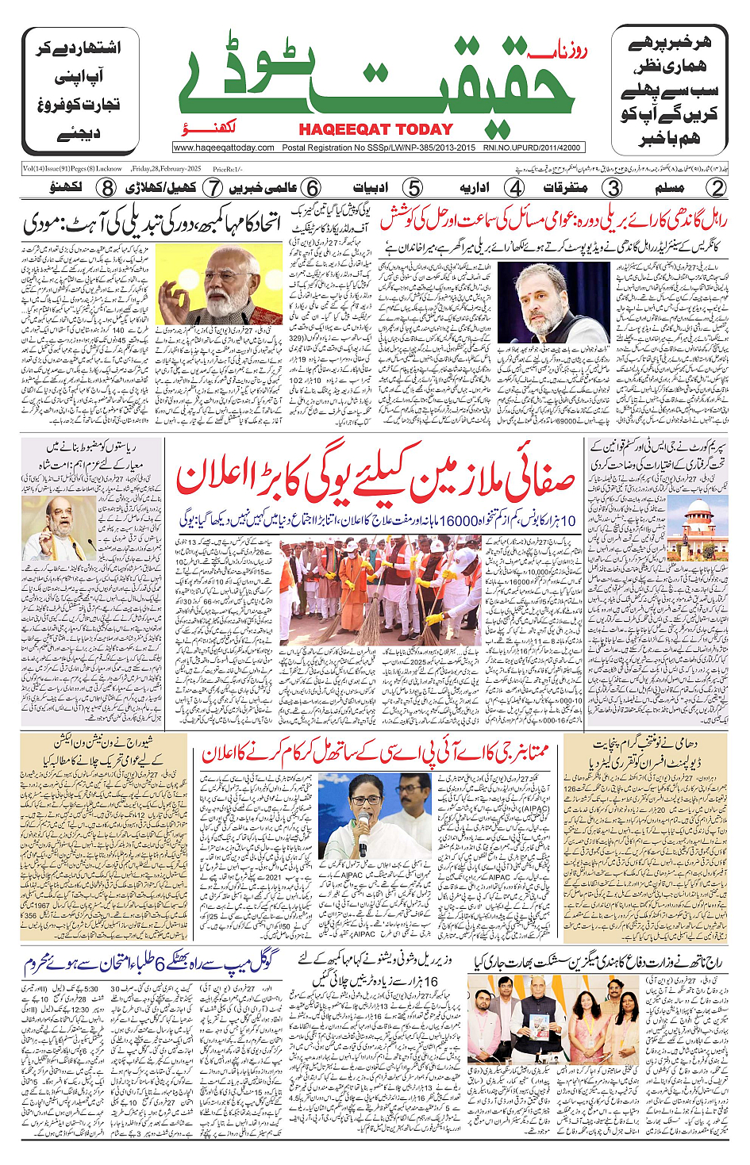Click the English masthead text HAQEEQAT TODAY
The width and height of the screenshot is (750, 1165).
tap(375, 129)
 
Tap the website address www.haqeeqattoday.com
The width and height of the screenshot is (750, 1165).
tap(224, 148)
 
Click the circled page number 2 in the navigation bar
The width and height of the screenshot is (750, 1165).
tap(717, 188)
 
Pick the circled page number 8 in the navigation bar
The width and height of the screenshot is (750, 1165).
tap(107, 188)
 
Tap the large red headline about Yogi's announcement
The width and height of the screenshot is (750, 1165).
tap(375, 481)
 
